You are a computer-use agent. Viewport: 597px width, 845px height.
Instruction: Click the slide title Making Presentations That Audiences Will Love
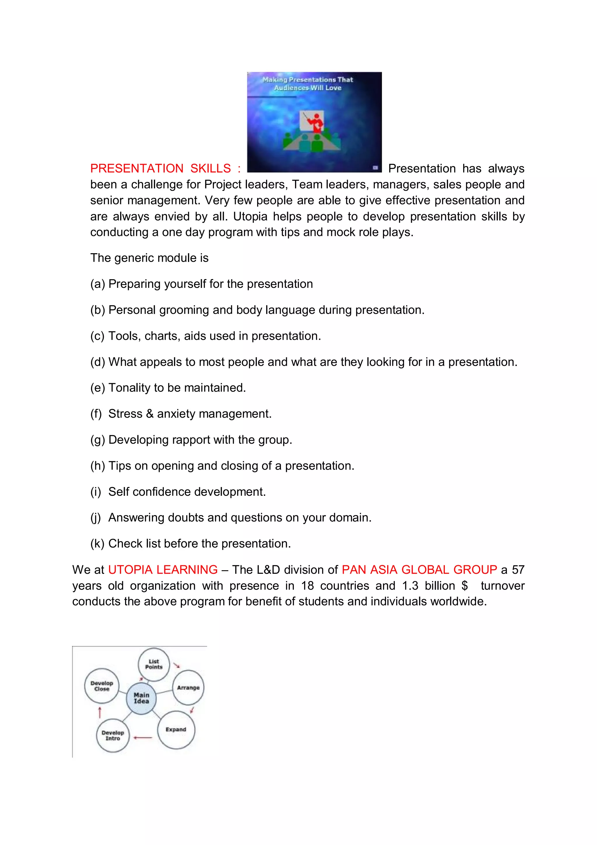point(308,83)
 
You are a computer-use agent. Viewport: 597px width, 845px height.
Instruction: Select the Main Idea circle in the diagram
point(141,698)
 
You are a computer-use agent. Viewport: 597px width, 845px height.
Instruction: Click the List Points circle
point(154,664)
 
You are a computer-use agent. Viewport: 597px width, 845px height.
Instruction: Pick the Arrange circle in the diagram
point(188,687)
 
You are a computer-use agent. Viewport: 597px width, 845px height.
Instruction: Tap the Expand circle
point(176,729)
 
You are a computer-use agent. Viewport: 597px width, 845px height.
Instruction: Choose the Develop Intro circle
point(113,735)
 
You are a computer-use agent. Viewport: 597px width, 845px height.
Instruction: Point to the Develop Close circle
point(101,686)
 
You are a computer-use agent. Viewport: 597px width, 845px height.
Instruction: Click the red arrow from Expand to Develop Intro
point(143,738)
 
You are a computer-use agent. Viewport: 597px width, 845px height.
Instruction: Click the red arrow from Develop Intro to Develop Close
point(99,712)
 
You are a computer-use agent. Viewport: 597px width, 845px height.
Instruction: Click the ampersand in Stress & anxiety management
point(150,414)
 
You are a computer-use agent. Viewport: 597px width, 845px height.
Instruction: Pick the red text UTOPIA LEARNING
point(163,570)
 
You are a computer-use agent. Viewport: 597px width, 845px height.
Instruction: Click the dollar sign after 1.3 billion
point(465,585)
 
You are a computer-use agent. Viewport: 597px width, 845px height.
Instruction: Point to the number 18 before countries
point(308,585)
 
